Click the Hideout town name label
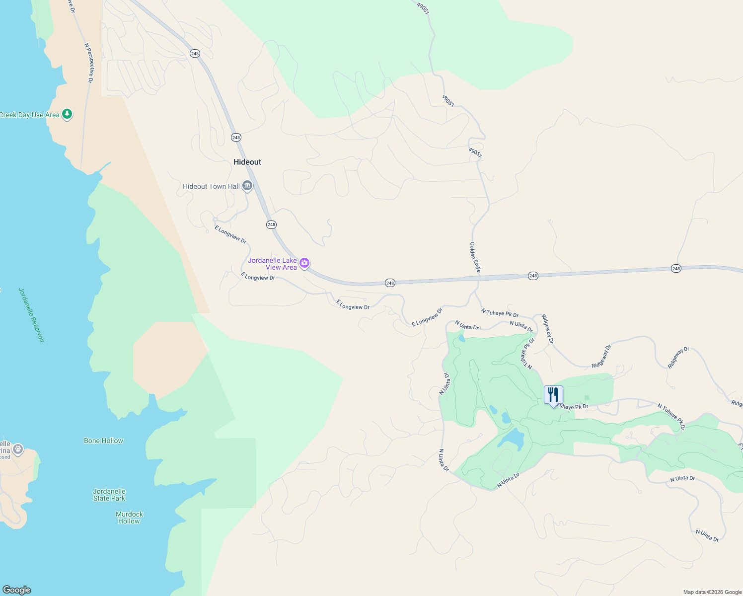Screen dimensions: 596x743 tap(247, 162)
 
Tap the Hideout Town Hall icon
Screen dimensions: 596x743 tap(247, 186)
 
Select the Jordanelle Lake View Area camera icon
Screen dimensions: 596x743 tap(304, 263)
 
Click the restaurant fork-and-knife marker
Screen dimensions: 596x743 tap(553, 395)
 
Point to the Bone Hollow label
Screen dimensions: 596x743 tap(103, 441)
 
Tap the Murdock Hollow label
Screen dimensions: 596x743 tap(129, 518)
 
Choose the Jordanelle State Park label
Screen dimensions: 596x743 tap(109, 495)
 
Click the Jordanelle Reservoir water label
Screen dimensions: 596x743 tap(31, 315)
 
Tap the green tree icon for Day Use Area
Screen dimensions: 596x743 tap(67, 114)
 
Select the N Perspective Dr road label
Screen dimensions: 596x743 tap(89, 63)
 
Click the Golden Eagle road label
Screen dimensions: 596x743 tap(475, 257)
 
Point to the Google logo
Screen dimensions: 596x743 tap(17, 590)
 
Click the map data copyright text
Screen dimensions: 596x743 tap(712, 592)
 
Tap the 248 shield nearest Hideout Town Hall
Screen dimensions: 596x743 tap(271, 224)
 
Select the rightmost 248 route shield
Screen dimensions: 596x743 tap(676, 269)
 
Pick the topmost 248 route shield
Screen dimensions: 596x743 tap(195, 54)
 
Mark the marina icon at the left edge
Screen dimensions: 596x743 tap(18, 449)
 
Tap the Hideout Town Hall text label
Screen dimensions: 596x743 tap(211, 187)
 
